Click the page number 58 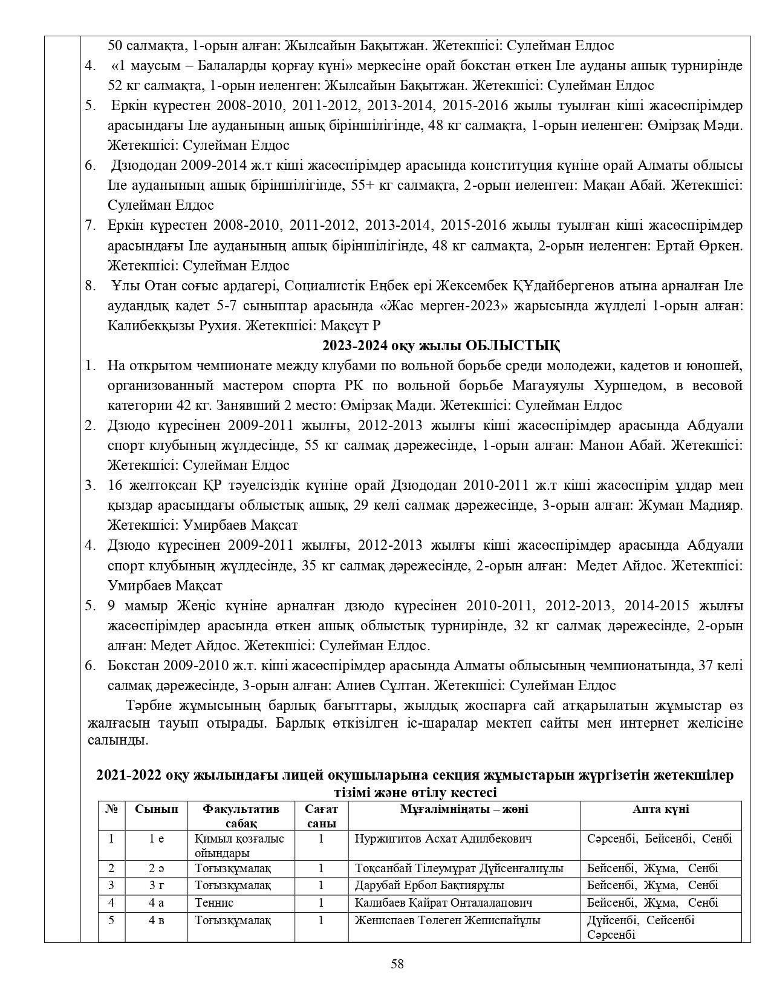pyautogui.click(x=397, y=964)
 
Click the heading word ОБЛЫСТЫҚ pyautogui.click(x=512, y=345)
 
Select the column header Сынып pyautogui.click(x=156, y=809)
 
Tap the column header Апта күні pyautogui.click(x=660, y=809)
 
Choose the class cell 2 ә pyautogui.click(x=156, y=868)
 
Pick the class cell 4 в pyautogui.click(x=156, y=920)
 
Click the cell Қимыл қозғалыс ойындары pyautogui.click(x=239, y=846)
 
